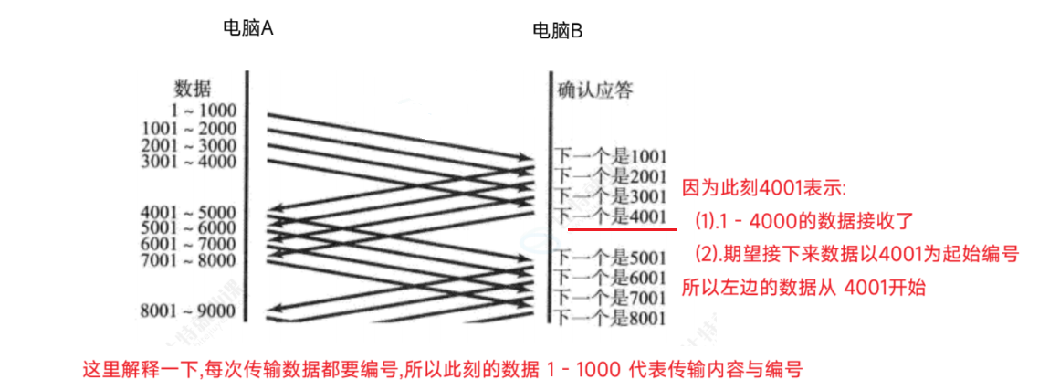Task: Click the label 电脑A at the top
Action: (248, 28)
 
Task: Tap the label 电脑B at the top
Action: (557, 31)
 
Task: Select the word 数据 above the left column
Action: (192, 90)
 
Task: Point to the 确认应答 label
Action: (595, 90)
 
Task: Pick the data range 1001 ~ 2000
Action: (189, 128)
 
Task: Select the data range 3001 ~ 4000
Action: (189, 162)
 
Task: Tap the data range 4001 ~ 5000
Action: (189, 213)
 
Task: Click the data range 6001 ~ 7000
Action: (189, 245)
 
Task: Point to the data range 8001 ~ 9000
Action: (189, 311)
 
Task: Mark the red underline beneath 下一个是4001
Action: (622, 229)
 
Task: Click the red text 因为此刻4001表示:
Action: (765, 189)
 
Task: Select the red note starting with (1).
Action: (803, 221)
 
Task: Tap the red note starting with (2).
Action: (855, 254)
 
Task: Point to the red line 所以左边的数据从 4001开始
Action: (804, 287)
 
